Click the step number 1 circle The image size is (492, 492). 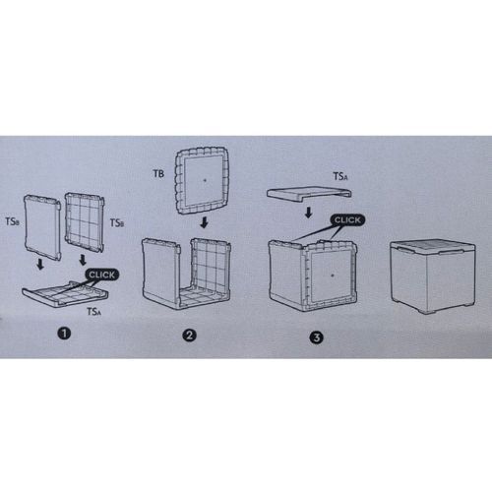tap(64, 334)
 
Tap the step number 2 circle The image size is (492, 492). tap(189, 336)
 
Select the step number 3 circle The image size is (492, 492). tap(316, 338)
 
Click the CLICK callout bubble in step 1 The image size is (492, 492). tap(102, 275)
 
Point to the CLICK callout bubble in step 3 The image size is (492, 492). tap(347, 220)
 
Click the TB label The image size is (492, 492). tap(158, 173)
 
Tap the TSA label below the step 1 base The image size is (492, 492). tap(94, 311)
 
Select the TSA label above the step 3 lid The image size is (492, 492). tap(340, 176)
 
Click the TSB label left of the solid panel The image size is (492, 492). tap(13, 221)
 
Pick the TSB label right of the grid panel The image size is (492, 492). tap(117, 223)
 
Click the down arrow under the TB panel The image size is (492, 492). tap(204, 222)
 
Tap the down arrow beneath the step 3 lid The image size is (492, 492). tap(308, 213)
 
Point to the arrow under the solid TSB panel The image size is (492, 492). tap(40, 264)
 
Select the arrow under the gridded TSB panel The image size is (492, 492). tap(83, 260)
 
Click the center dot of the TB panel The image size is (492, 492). tap(205, 180)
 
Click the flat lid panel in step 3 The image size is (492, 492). tap(309, 193)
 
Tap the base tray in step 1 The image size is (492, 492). tap(65, 294)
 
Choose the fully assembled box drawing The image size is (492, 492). tap(433, 276)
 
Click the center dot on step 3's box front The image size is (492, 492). tap(333, 276)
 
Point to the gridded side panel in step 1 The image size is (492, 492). tap(85, 222)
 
